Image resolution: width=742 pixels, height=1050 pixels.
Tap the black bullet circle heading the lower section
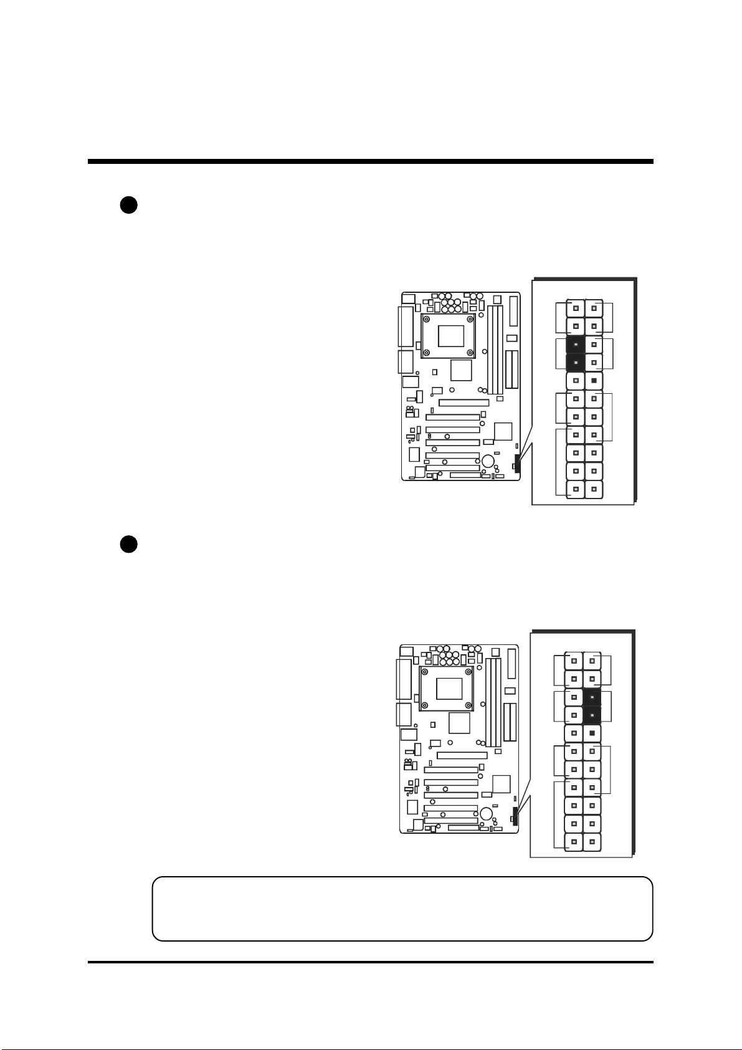(128, 544)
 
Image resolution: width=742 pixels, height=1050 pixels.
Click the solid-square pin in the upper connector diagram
(594, 380)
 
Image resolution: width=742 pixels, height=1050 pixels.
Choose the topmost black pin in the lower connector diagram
(592, 697)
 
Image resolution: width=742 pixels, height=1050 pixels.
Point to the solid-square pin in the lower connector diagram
(592, 733)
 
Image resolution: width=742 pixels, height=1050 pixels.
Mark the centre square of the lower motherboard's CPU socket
(449, 687)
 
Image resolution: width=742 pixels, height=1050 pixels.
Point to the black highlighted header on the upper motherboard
(517, 464)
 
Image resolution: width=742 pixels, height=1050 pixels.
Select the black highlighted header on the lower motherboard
(515, 815)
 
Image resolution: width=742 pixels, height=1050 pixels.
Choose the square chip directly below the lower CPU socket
(459, 723)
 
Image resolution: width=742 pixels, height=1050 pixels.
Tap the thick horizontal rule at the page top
(370, 162)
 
